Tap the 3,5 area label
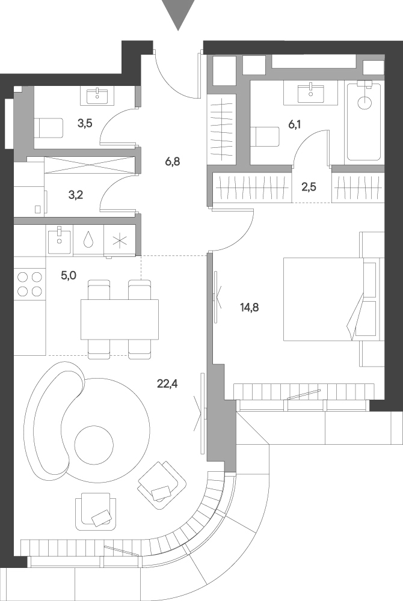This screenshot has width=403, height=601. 85,123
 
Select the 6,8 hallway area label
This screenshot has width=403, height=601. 172,162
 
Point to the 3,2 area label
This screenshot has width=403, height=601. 76,195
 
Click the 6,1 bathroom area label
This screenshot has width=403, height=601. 294,124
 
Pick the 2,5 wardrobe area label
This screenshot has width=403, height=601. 309,188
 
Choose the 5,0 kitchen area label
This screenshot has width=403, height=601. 69,275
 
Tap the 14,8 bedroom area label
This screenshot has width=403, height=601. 249,307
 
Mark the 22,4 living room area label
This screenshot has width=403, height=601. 167,383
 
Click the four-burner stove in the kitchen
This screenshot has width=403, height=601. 30,284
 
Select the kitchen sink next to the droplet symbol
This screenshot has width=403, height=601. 60,240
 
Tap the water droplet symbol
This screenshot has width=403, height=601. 88,240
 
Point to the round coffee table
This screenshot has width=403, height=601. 94,445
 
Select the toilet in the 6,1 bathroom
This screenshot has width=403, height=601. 265,136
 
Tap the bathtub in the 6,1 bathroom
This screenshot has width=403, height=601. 364,121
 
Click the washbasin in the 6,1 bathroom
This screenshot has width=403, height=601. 310,93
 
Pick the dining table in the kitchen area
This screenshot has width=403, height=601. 120,319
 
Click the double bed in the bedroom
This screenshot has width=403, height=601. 331,299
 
